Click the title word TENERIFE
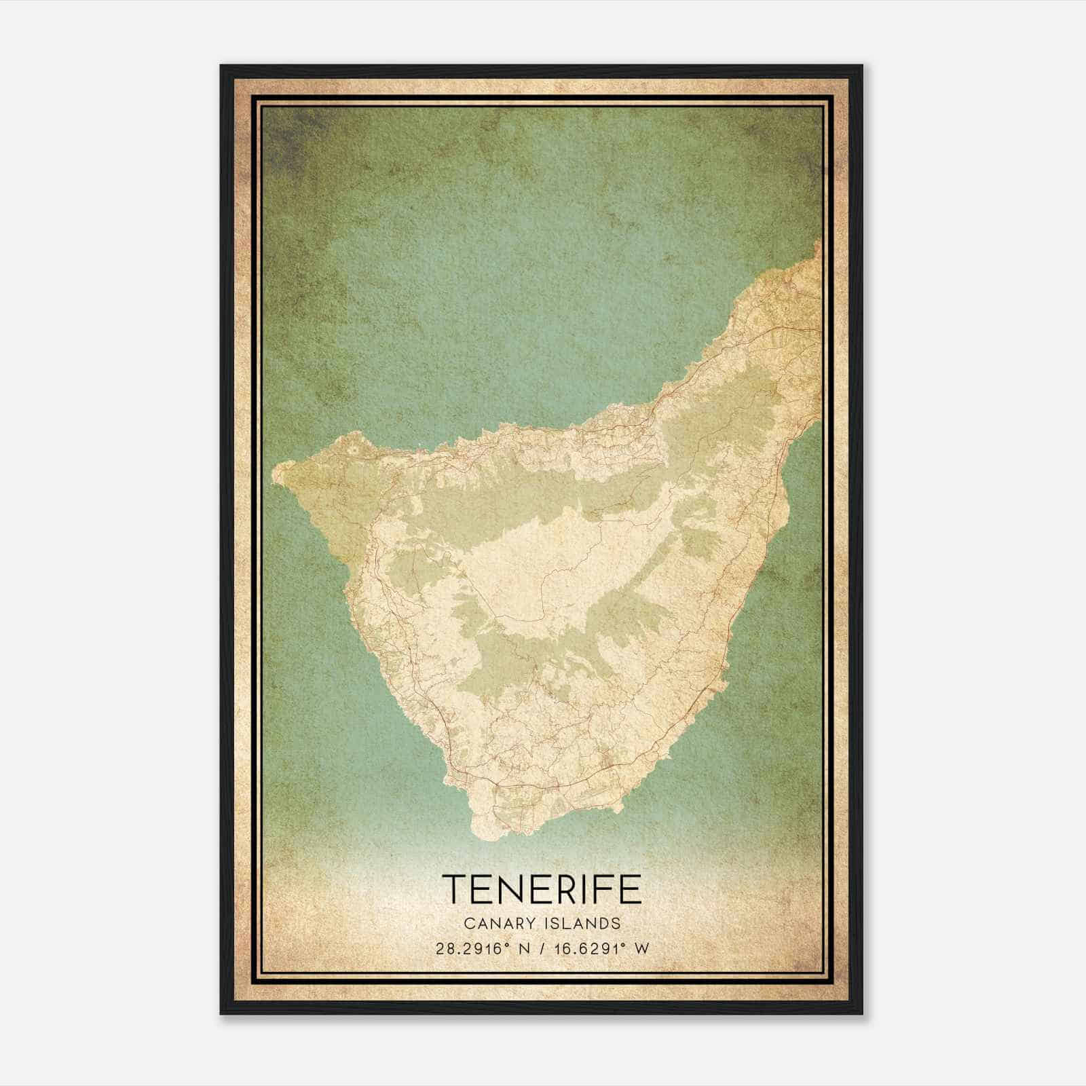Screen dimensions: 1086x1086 tap(542, 888)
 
